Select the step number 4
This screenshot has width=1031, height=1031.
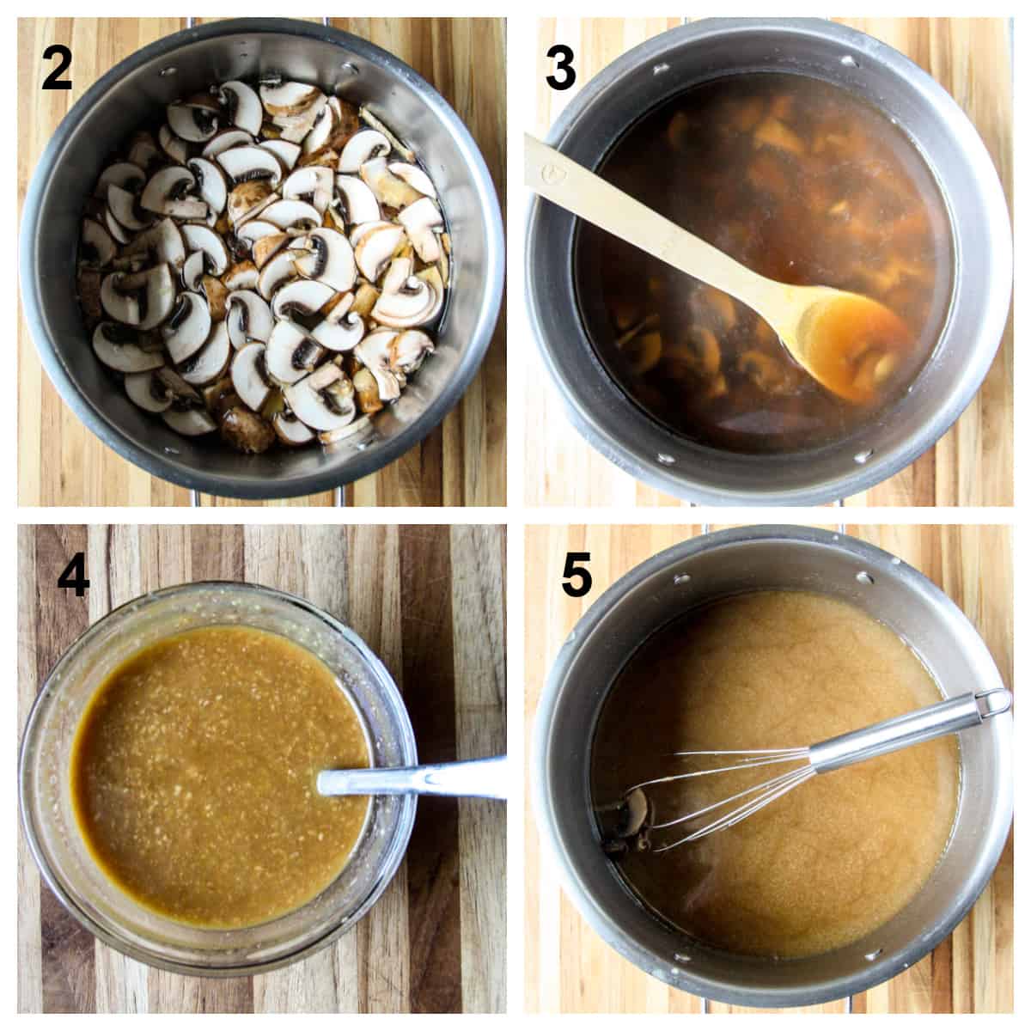pos(73,577)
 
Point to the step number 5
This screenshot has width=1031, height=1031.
pos(577,577)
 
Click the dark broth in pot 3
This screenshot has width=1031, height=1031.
pos(773,172)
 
